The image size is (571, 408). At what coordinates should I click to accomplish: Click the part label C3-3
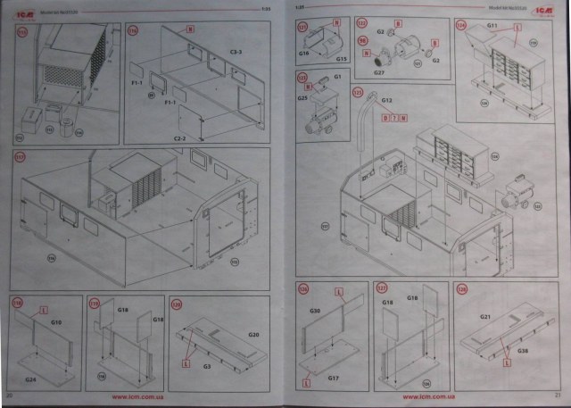(236, 54)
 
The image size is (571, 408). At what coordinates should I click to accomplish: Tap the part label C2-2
(178, 138)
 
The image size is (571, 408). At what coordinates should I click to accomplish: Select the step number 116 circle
(133, 29)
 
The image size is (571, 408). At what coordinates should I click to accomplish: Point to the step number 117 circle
(20, 155)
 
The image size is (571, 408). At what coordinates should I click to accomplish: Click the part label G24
(30, 379)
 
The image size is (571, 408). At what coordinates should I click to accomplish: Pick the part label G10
(55, 321)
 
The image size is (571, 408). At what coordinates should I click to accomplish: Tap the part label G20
(253, 334)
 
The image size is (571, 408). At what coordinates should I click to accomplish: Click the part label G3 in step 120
(206, 365)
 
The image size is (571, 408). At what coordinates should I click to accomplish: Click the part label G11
(492, 26)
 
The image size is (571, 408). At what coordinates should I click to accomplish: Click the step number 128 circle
(461, 288)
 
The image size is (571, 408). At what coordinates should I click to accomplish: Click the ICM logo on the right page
(542, 9)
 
